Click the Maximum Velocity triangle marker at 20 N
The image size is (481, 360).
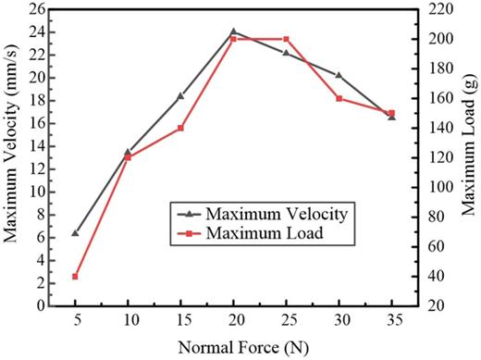pos(233,31)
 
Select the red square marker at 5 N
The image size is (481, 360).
pos(75,277)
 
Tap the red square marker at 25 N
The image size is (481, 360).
pos(286,39)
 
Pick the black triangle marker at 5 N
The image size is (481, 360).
pos(75,233)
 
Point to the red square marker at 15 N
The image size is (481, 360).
pos(180,128)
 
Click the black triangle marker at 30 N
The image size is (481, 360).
pos(339,75)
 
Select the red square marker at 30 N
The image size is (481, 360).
pos(339,98)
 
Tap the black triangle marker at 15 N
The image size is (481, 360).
pos(180,96)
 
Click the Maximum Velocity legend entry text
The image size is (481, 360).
pos(277,214)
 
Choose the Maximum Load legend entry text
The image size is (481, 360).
pos(265,233)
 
